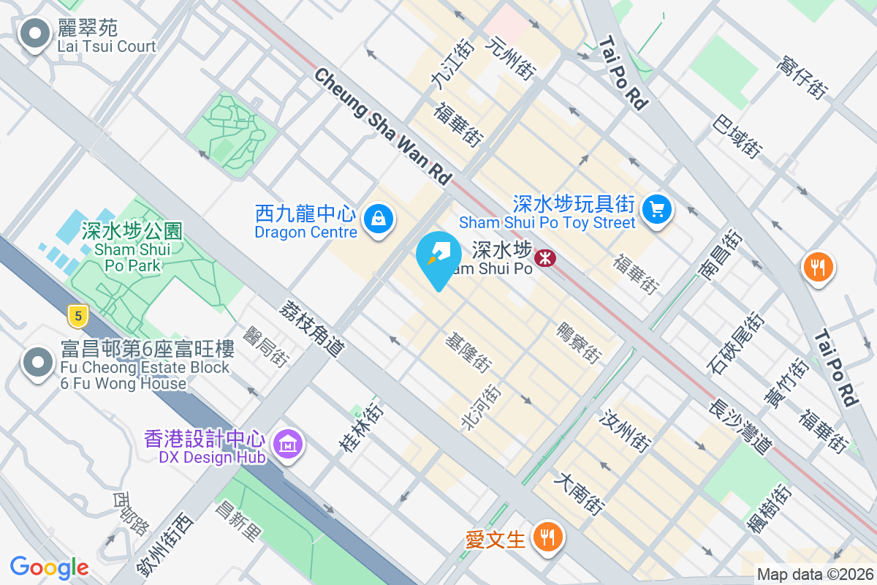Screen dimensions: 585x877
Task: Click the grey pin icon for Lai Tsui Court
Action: coord(34,34)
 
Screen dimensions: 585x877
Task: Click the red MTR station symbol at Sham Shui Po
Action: coord(544,257)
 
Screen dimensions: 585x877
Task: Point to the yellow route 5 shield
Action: coord(77,316)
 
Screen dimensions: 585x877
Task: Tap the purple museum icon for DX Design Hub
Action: coord(288,443)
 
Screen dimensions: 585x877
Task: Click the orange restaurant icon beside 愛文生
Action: coord(545,537)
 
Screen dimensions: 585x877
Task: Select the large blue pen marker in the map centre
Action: coord(438,258)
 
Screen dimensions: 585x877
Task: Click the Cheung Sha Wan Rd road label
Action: coord(384,125)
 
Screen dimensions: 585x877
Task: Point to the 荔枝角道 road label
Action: coord(311,329)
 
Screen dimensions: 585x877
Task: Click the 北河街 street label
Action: coord(481,407)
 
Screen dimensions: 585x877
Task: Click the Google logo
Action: coord(49,567)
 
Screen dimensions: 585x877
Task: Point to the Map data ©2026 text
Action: coord(814,575)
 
